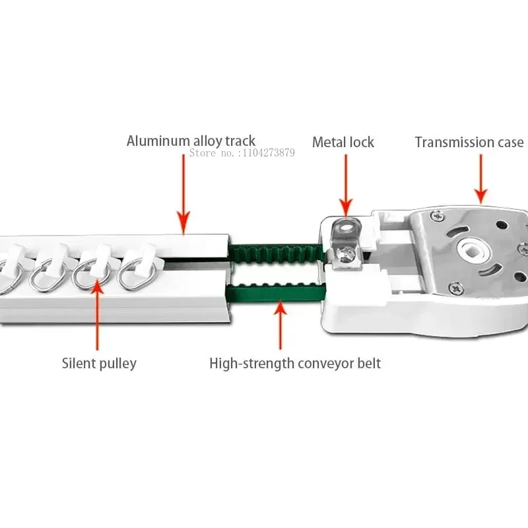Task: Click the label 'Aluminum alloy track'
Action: click(x=191, y=141)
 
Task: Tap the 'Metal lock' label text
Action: click(x=343, y=142)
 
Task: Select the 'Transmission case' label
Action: click(x=469, y=142)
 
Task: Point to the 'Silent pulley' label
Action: click(x=99, y=363)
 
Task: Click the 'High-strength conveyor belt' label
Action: click(x=295, y=363)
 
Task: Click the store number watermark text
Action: click(x=242, y=153)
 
